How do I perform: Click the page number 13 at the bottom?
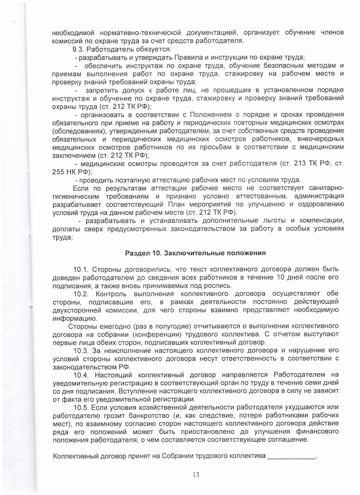(195, 474)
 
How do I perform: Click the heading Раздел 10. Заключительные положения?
(195, 253)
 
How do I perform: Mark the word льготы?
(262, 221)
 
